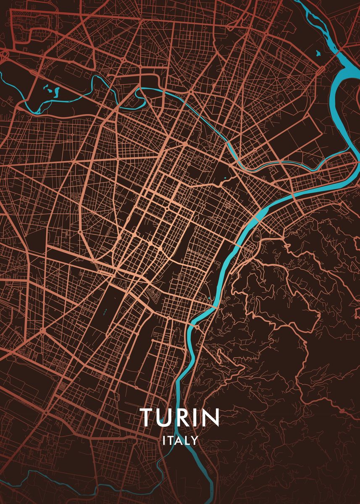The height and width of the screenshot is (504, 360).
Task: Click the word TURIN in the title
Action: (x=180, y=417)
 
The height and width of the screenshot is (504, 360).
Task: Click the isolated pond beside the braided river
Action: (x=317, y=53)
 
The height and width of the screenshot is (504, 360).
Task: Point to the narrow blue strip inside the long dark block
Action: (x=105, y=313)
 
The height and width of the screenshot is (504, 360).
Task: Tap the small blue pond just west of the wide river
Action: (x=209, y=299)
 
